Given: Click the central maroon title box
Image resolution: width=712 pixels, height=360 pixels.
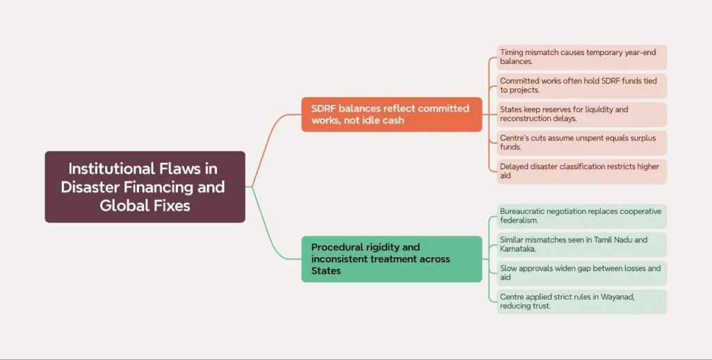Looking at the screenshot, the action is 145,186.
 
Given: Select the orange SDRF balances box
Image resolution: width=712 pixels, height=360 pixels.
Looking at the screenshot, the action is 391,114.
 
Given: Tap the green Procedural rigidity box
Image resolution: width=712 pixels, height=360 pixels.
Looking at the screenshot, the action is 391,259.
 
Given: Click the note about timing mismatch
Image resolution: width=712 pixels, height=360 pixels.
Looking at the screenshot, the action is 581,56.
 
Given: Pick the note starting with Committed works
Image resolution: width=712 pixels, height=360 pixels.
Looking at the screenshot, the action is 581,85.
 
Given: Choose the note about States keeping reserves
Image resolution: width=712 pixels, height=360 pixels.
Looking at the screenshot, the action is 581,114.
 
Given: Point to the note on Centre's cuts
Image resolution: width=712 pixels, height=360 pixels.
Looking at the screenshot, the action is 581,142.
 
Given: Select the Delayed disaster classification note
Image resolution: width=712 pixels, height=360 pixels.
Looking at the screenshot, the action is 581,171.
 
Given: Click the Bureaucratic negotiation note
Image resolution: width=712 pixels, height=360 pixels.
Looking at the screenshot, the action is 581,215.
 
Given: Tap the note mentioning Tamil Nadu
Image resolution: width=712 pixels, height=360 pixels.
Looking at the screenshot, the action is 581,245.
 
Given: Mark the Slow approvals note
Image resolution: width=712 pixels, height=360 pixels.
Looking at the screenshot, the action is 581,273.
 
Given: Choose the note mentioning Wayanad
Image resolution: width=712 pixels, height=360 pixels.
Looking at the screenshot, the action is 581,302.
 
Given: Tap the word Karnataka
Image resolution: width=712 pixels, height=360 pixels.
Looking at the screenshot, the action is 520,249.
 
